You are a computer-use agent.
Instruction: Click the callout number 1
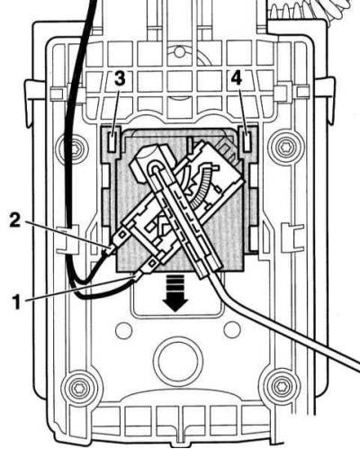point(17,301)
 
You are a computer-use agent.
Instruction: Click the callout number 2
point(15,220)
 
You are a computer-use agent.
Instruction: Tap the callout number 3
point(120,78)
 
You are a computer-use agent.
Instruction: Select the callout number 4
point(236,78)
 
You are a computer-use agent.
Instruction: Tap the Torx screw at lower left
point(77,389)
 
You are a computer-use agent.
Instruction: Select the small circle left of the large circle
point(124,330)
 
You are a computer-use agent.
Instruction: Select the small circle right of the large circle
point(232,329)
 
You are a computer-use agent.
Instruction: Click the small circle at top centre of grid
point(179,52)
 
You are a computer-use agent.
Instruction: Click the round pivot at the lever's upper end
point(157,168)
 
